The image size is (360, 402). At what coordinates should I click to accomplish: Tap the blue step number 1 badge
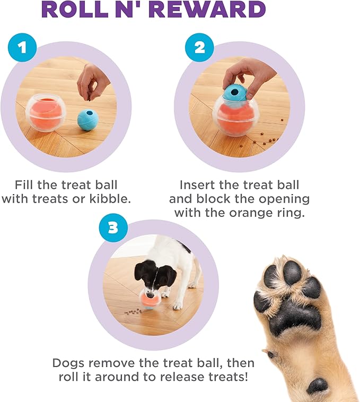(22, 48)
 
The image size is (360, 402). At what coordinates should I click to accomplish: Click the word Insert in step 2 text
(198, 185)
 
